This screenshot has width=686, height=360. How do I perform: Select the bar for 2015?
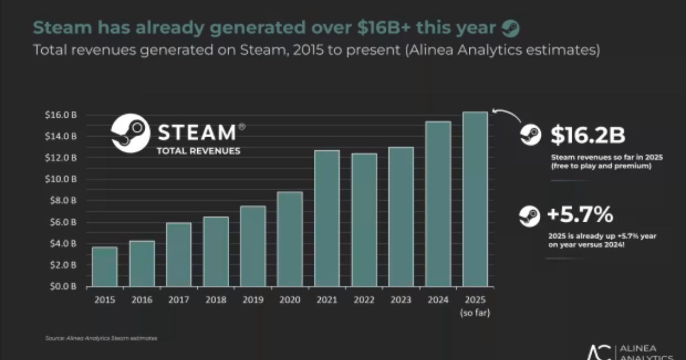click(x=105, y=266)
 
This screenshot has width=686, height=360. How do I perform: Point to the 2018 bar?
click(x=216, y=251)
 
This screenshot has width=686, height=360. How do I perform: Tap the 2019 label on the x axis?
click(x=253, y=299)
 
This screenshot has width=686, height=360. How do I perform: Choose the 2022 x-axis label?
click(x=364, y=299)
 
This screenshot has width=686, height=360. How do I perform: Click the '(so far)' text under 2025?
click(x=475, y=313)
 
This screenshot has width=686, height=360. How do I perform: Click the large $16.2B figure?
click(x=588, y=135)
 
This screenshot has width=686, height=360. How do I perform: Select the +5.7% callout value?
click(x=580, y=215)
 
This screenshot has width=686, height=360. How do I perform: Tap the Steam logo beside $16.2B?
click(x=530, y=135)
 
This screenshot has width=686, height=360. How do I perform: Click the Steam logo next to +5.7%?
click(x=529, y=216)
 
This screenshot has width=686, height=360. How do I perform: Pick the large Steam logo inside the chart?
click(x=131, y=132)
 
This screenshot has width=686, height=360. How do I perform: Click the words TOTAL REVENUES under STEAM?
click(x=198, y=151)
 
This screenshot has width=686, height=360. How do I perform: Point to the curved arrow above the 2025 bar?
click(x=506, y=114)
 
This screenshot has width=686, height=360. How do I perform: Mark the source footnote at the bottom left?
click(x=101, y=338)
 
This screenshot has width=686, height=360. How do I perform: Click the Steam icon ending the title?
click(x=510, y=27)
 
